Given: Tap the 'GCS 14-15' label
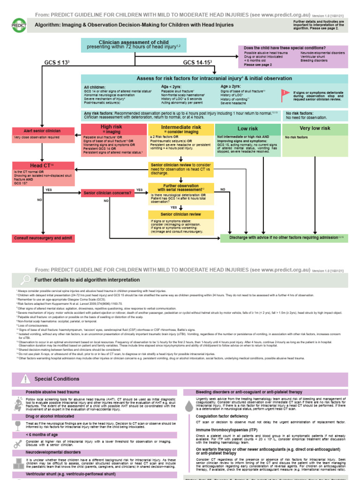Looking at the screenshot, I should (x=195, y=62).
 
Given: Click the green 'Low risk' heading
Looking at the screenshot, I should (x=247, y=128).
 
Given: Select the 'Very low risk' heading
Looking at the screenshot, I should (x=315, y=128).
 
